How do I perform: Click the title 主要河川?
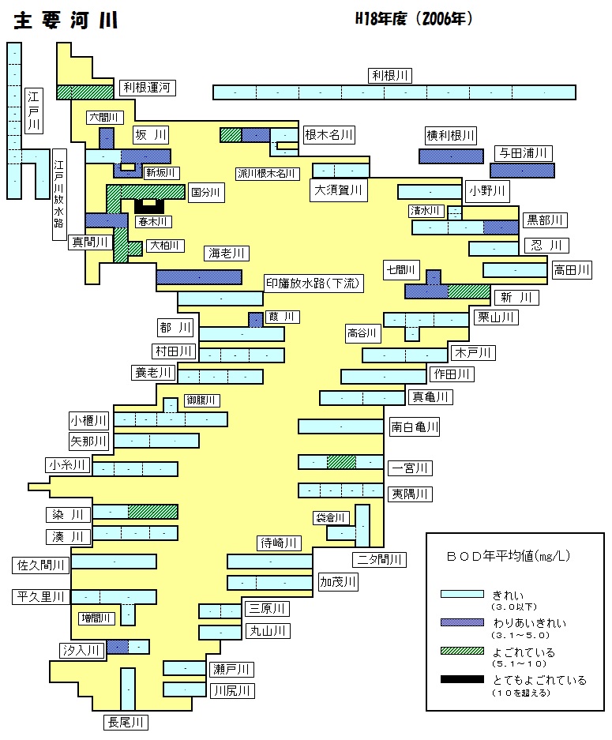(66, 21)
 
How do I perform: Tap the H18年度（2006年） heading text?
(414, 19)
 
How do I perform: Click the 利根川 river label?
(390, 76)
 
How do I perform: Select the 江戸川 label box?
(33, 111)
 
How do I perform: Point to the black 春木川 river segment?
(149, 206)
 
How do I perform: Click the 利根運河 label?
(147, 88)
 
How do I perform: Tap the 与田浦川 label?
(524, 153)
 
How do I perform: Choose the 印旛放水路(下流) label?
(314, 284)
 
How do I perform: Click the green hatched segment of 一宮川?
(341, 462)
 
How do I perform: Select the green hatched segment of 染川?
(153, 512)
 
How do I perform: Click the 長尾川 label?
(126, 722)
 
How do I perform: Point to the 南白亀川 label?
(415, 427)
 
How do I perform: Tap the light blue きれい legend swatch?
(462, 594)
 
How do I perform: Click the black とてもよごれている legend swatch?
(462, 680)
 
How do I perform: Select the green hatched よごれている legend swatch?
(462, 652)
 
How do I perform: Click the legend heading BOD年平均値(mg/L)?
(509, 557)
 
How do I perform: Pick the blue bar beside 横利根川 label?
(451, 156)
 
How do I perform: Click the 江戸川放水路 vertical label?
(59, 195)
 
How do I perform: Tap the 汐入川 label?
(81, 650)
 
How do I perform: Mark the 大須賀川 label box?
(338, 190)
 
